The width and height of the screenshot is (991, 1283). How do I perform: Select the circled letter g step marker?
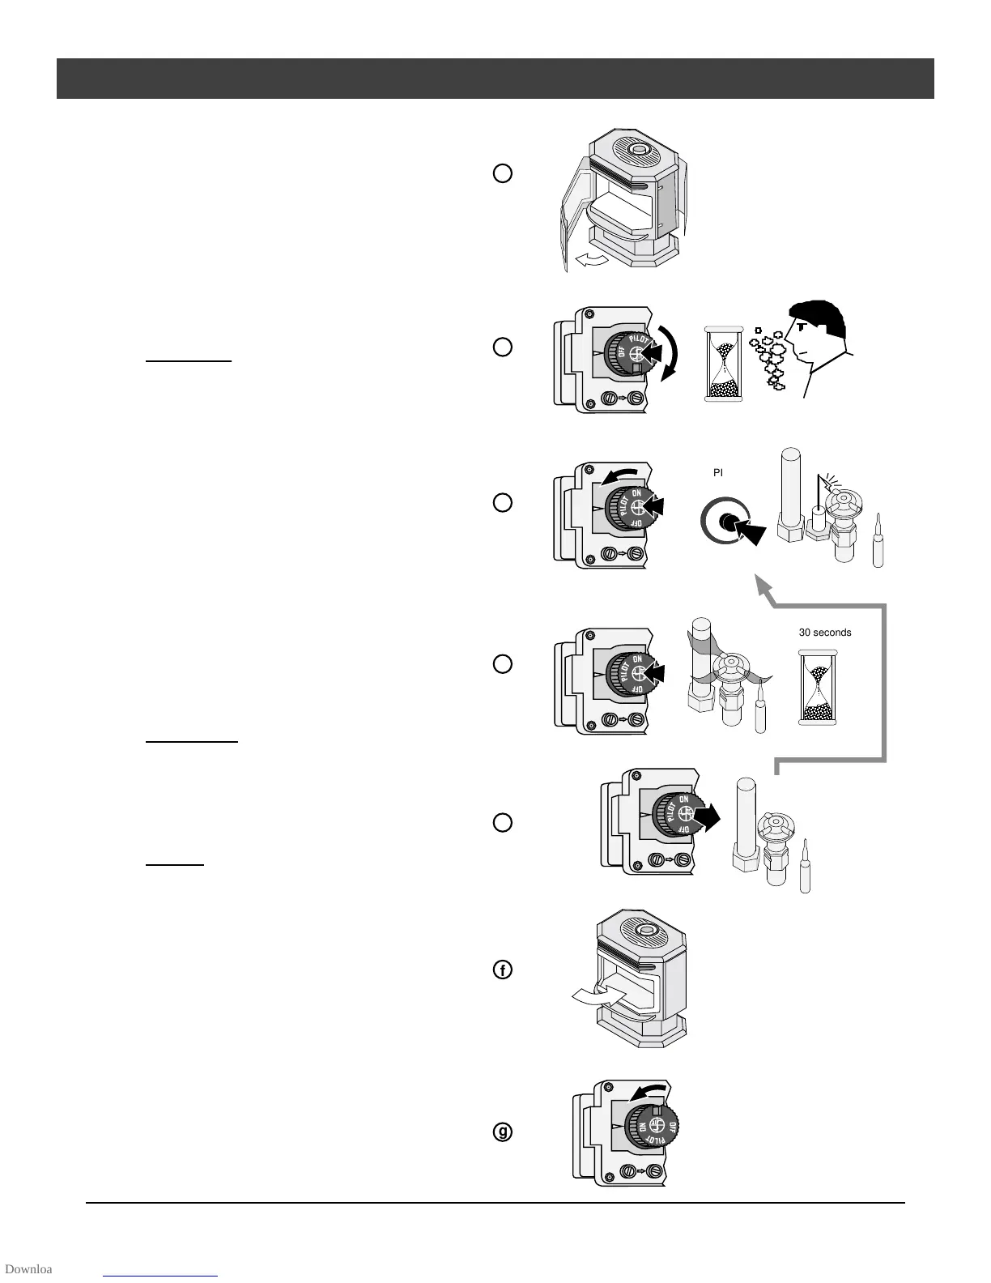[503, 1132]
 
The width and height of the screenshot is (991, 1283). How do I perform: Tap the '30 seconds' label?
[825, 633]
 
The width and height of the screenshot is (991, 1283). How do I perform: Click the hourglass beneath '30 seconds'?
[818, 687]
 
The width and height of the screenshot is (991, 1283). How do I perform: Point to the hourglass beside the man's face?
[725, 364]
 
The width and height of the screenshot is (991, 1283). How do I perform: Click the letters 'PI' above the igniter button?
[717, 472]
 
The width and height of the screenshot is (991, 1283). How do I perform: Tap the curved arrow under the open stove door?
[589, 258]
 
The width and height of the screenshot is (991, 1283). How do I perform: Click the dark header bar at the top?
[495, 79]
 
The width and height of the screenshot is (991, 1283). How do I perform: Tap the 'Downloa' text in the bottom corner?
[28, 1268]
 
